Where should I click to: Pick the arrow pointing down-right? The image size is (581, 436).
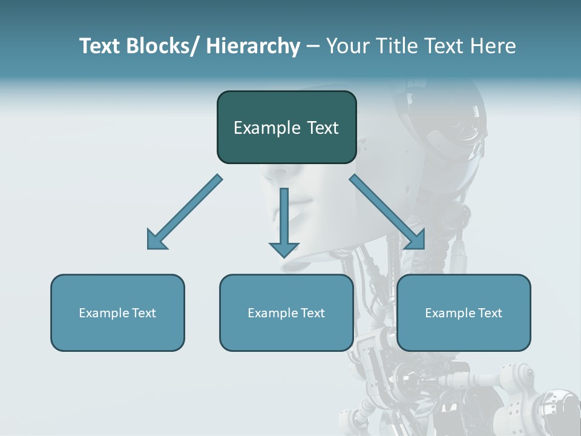tap(387, 212)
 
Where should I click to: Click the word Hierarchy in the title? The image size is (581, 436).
tap(253, 46)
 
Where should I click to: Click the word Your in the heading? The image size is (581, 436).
tap(347, 46)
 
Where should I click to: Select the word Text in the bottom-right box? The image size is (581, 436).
tap(490, 313)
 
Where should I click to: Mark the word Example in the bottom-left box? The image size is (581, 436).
tap(104, 313)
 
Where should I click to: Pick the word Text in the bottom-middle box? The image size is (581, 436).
tap(312, 313)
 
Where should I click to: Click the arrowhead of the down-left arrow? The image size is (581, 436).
tap(157, 240)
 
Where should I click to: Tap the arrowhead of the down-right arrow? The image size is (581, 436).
tap(415, 240)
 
